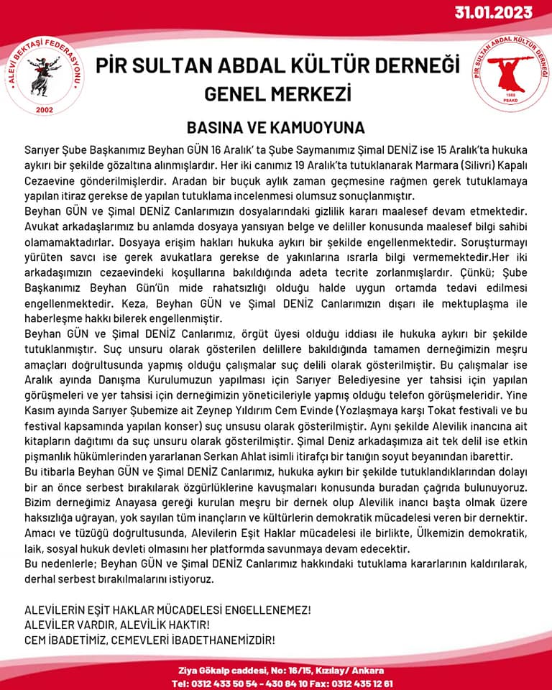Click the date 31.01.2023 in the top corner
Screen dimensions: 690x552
492,12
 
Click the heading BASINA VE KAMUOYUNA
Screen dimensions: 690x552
276,128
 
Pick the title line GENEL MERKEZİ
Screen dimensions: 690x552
277,93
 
